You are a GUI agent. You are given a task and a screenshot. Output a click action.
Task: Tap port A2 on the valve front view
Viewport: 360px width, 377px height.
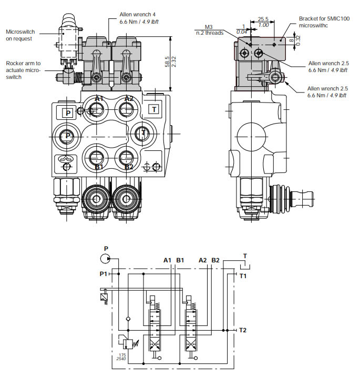126,109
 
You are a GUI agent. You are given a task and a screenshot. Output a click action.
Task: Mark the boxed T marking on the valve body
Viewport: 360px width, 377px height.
153,109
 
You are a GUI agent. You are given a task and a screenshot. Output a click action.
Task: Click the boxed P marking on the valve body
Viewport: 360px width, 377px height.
67,112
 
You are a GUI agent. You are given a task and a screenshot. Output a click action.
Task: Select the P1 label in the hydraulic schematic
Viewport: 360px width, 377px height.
104,274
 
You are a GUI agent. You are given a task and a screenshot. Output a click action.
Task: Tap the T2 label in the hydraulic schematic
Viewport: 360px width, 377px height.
243,330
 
